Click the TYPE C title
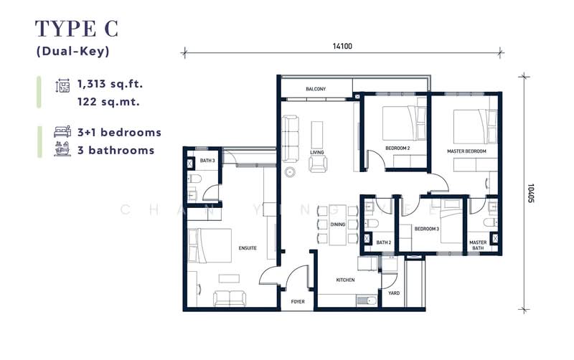point(77,29)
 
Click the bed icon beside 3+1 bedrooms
point(62,133)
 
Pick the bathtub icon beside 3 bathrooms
point(62,150)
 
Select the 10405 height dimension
point(530,191)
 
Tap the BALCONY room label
point(316,89)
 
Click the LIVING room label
point(317,152)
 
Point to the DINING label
point(337,224)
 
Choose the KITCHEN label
point(346,280)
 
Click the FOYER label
point(297,302)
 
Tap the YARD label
point(393,293)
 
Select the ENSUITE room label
point(248,248)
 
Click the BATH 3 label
point(207,160)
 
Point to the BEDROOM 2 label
point(397,148)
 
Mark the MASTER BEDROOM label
point(466,151)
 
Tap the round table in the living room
point(291,172)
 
